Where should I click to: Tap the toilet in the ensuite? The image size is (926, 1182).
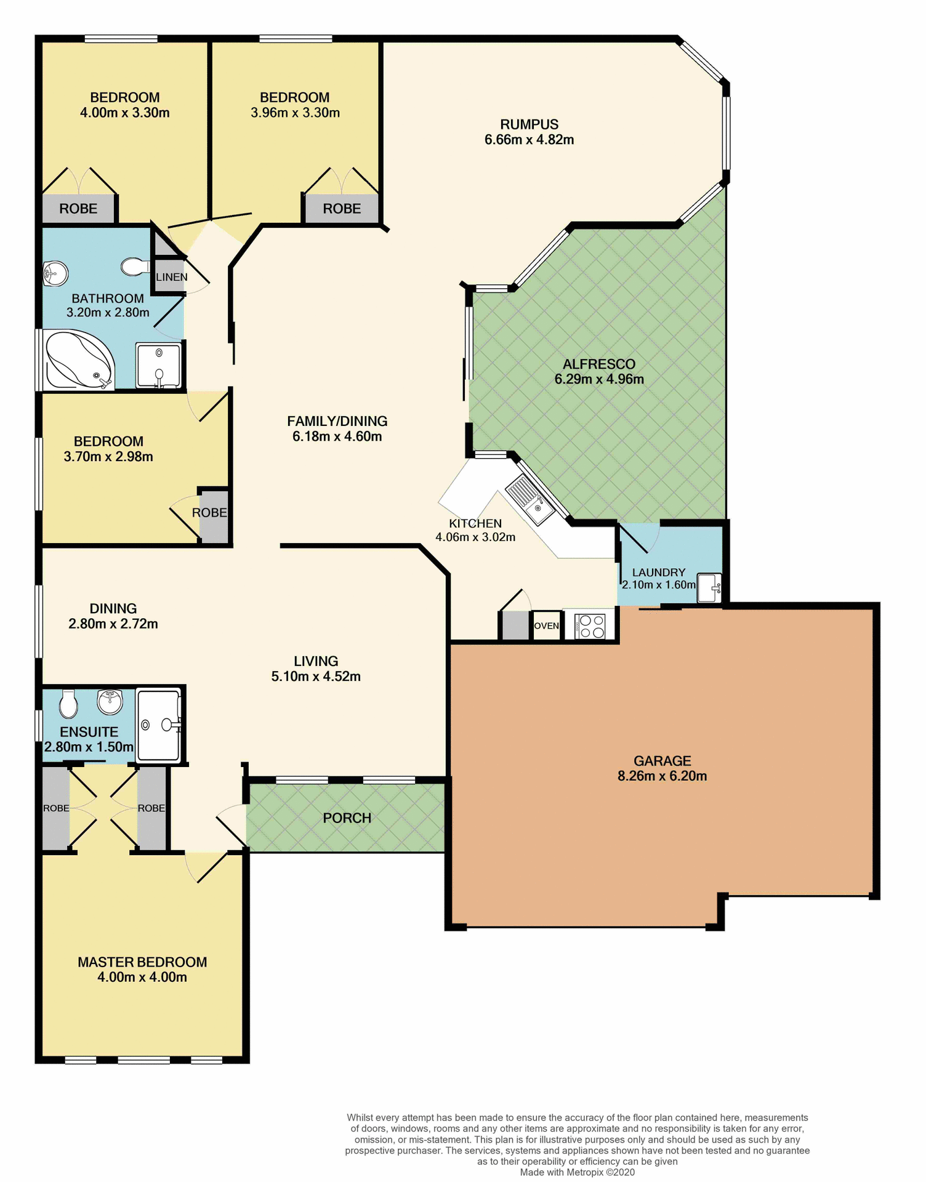pos(68,704)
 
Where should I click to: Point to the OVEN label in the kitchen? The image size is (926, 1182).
pos(546,626)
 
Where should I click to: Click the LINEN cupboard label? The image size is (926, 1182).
pos(171,277)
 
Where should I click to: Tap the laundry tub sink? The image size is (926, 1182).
pos(708,588)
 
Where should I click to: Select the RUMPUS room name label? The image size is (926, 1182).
pos(529,124)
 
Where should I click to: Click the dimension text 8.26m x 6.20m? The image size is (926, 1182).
pos(662,776)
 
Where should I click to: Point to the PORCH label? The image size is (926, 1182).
pos(347,818)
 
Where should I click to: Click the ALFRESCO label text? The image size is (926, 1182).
pos(598,364)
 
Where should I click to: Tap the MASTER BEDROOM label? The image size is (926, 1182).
pos(142,962)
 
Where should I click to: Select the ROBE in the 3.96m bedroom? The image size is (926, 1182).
pos(342,209)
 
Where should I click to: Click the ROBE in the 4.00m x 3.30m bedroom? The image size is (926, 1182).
pos(78,209)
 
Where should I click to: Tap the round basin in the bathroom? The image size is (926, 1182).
pos(55,273)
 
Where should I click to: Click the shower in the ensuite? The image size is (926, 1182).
pos(159,725)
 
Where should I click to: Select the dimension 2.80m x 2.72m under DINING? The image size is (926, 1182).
pos(113,624)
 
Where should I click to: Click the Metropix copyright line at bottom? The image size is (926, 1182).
pos(577,1172)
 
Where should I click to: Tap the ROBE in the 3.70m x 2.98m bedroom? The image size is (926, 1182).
pos(209,512)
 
